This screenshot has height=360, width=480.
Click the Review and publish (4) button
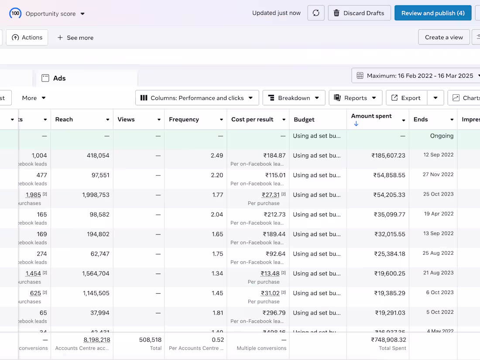coord(432,13)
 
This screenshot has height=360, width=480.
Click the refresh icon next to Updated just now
coord(316,13)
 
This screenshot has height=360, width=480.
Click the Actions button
coord(27,38)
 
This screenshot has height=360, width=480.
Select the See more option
coord(75,38)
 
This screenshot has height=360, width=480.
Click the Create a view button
coord(444,38)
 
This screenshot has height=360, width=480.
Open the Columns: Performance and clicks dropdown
coord(197,98)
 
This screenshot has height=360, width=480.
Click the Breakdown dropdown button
coord(294,98)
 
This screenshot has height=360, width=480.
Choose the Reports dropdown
coord(355,98)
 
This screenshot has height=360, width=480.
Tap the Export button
coord(406,98)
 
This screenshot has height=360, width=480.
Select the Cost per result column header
coord(252,120)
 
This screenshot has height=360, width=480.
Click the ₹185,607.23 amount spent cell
coord(388,155)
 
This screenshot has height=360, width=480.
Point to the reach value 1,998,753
coord(96,195)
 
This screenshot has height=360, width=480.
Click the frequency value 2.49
coord(217,155)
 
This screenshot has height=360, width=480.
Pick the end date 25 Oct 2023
coord(438,194)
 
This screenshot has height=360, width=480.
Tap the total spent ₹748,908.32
coord(388,339)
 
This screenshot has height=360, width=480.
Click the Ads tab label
coord(59,79)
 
